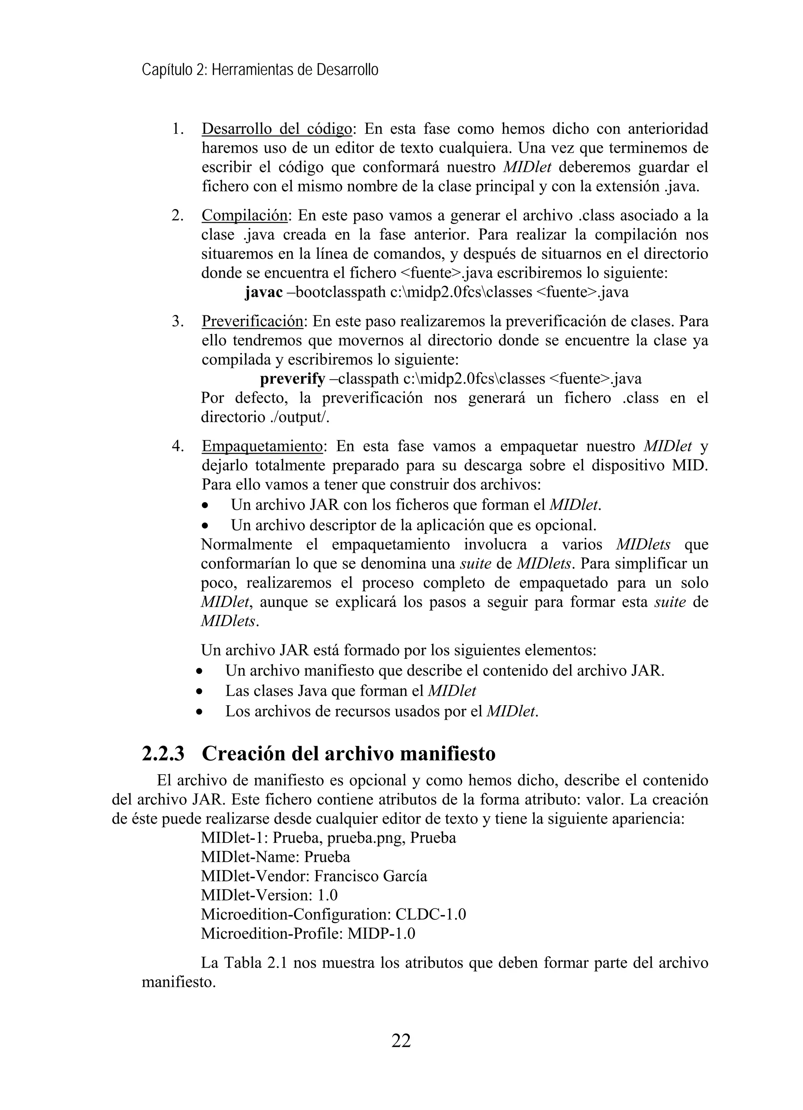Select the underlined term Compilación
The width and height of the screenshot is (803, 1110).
(x=244, y=215)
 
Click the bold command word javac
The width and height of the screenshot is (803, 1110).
(x=263, y=292)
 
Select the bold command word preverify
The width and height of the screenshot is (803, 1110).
(x=292, y=378)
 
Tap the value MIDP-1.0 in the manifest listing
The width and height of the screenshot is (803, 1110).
(x=381, y=933)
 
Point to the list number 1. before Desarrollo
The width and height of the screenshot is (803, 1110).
(x=178, y=129)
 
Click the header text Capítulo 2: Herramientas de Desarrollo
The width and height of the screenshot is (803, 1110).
(x=260, y=70)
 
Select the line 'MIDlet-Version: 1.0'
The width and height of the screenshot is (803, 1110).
(x=269, y=895)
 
